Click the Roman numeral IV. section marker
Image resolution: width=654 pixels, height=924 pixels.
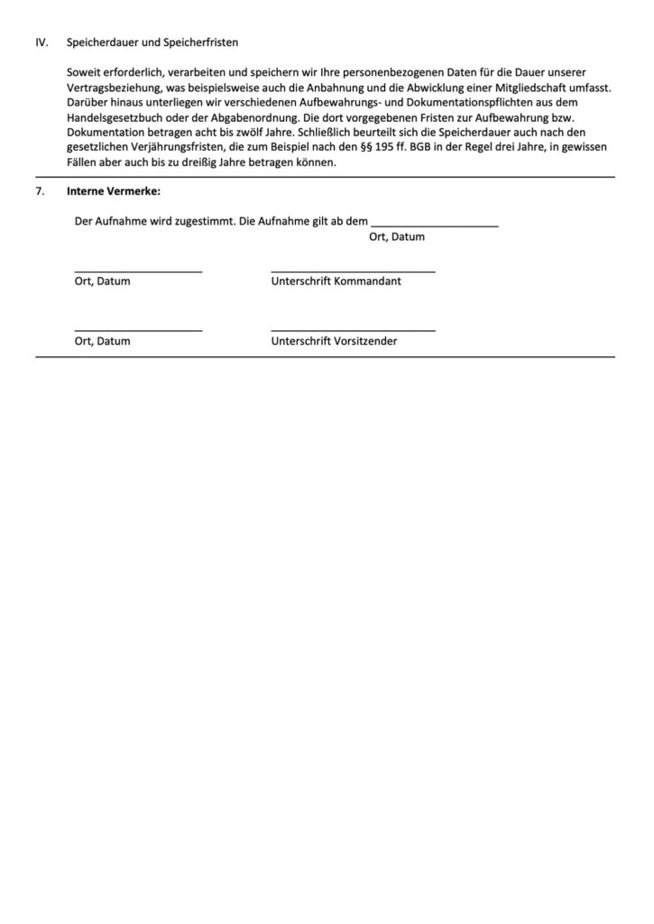tap(41, 42)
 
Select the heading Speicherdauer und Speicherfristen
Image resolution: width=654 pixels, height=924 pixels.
tap(152, 42)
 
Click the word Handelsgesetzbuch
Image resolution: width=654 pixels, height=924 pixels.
tap(113, 117)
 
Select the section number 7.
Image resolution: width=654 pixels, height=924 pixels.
tap(40, 191)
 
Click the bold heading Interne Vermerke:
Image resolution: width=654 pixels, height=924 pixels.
tap(113, 191)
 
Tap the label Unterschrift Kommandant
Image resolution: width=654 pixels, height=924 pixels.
tap(336, 282)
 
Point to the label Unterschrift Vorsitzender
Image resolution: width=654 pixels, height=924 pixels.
tap(334, 342)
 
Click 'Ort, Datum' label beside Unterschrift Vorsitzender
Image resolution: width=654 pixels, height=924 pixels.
tap(102, 342)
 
